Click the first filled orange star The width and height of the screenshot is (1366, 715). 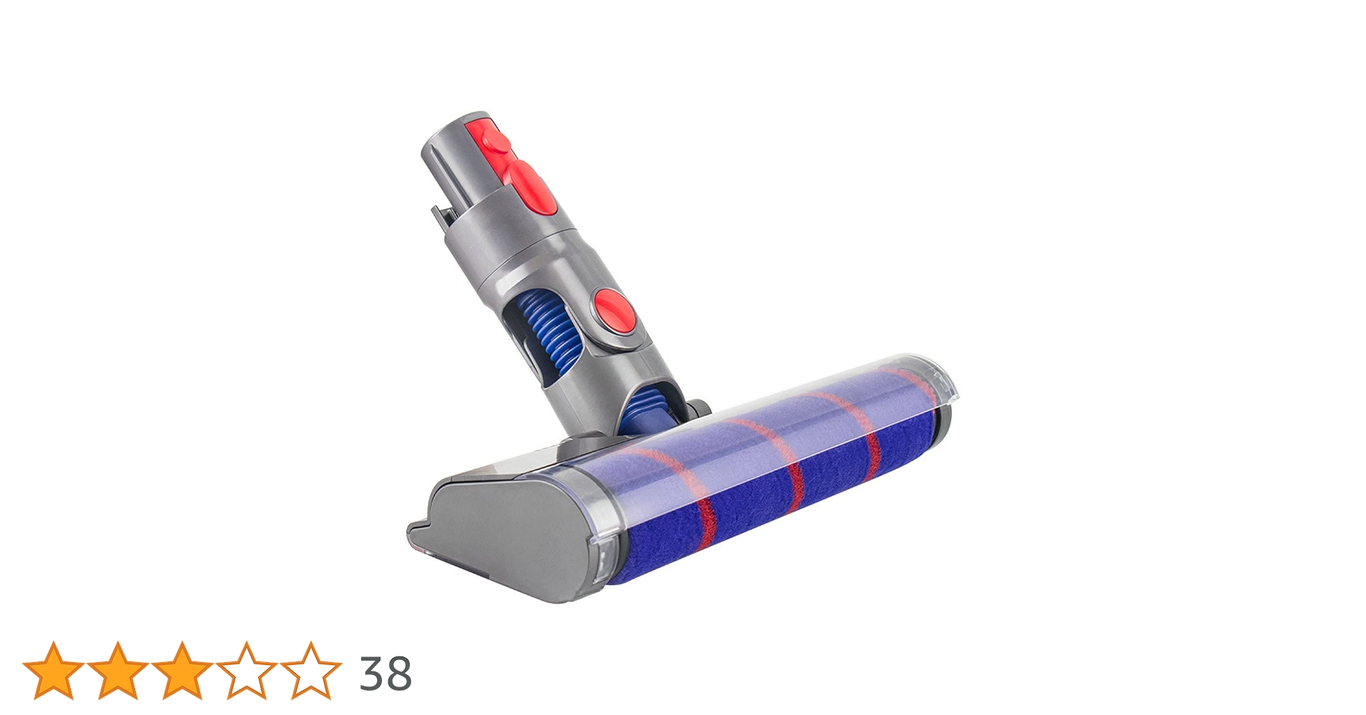point(53,671)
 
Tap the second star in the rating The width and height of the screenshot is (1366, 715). point(117,671)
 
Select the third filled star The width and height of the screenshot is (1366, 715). point(182,671)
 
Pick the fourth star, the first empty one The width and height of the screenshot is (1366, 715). point(246,671)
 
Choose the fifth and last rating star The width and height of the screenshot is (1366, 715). point(311,671)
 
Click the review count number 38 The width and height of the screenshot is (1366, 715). point(385,674)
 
